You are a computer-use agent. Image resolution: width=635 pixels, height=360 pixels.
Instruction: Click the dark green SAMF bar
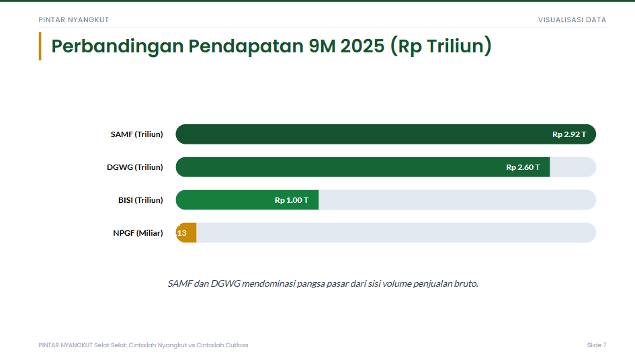(386, 134)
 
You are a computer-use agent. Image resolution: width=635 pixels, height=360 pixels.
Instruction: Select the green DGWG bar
(362, 167)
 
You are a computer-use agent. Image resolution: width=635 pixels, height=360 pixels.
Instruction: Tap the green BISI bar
(247, 199)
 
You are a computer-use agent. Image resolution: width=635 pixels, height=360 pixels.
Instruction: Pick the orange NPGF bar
(186, 233)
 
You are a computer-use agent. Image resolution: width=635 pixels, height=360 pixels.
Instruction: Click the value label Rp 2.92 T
(569, 134)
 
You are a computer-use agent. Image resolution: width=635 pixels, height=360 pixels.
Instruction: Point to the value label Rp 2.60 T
(523, 167)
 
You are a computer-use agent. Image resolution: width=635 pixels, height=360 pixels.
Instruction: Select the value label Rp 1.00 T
(292, 200)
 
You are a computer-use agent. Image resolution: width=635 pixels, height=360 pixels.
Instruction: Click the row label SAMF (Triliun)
(137, 134)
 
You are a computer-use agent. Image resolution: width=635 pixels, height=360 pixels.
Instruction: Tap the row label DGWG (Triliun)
(135, 167)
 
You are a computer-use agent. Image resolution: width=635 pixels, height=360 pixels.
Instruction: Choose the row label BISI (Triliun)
(140, 200)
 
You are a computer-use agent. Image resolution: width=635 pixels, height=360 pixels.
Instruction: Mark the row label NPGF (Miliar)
(138, 233)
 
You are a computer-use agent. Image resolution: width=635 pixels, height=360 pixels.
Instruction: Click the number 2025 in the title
(362, 46)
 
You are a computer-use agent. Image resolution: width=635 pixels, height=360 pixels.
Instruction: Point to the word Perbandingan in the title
(117, 46)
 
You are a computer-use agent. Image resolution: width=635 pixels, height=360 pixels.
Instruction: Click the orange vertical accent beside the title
(40, 46)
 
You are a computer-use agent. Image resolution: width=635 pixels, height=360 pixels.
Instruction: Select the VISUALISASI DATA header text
(572, 20)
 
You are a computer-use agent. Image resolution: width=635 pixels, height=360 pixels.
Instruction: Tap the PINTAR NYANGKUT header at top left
(74, 20)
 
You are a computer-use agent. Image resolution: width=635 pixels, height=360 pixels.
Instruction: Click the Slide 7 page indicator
(597, 345)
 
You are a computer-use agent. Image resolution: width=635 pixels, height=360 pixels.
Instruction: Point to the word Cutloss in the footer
(237, 345)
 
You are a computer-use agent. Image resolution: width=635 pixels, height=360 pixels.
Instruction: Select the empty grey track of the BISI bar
(457, 199)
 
